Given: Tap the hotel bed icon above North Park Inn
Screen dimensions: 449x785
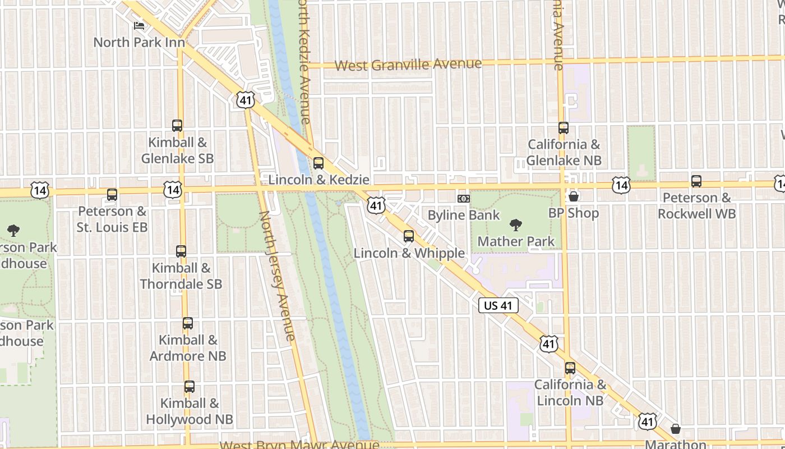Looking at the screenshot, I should [138, 26].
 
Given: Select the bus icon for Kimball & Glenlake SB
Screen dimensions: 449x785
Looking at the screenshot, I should [177, 126].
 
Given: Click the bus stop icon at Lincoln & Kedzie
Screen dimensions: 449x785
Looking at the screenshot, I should [318, 163].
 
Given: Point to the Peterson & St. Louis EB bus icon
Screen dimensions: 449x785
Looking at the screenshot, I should [112, 195].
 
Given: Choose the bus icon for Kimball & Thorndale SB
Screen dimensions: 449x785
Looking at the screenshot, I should [181, 251].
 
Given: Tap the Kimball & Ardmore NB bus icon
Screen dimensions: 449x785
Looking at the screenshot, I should [188, 323].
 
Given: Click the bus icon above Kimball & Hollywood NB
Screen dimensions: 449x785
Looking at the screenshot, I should [190, 387].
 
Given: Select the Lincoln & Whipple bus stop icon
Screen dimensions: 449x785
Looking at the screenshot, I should [409, 236].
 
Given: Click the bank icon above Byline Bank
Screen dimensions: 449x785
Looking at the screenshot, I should [463, 199].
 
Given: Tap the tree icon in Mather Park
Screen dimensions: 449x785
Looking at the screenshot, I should [515, 225].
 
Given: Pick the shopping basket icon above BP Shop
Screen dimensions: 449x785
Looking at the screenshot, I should [574, 196].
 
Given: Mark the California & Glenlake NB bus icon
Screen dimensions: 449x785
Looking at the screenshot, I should [564, 128].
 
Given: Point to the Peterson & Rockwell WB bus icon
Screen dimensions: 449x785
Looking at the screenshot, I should [696, 181].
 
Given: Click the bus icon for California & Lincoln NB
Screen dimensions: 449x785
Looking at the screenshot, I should [570, 368].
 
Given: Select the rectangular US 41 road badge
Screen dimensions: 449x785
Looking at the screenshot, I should [498, 306].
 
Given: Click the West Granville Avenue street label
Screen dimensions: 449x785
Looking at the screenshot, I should [408, 65].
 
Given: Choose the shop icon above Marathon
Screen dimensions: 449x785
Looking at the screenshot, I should [676, 429].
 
